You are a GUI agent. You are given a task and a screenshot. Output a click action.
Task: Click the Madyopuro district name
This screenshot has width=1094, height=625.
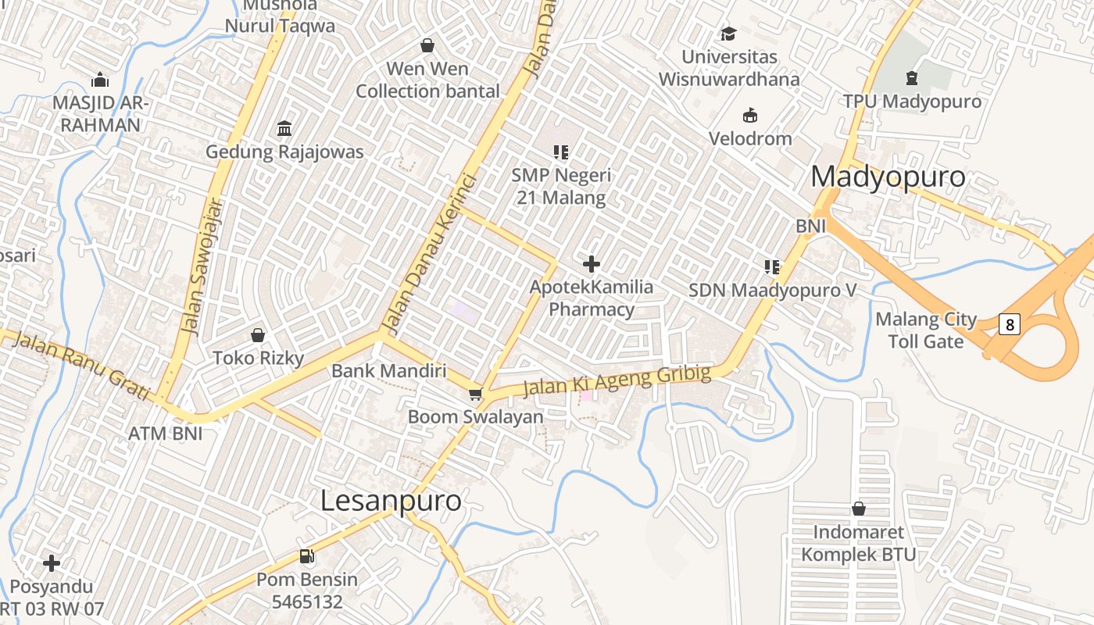coord(888,177)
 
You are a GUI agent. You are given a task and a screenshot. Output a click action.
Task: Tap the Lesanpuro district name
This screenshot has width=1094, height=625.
coord(391,501)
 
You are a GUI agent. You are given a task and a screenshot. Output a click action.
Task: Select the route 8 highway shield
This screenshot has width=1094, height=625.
coord(1010,323)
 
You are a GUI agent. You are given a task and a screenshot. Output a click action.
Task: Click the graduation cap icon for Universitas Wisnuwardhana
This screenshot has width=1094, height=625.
coord(728,34)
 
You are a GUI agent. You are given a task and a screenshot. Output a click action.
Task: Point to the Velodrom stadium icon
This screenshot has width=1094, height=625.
coord(750,116)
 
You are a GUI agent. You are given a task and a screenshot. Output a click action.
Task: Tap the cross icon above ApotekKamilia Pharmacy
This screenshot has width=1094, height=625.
coord(592,264)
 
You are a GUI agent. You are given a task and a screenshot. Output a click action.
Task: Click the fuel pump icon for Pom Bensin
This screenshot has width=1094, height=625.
coord(307,556)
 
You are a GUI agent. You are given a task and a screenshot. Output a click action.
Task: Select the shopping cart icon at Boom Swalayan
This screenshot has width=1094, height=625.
coord(475,394)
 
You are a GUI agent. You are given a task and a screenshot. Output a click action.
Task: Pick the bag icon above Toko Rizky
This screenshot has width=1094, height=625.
coord(258,335)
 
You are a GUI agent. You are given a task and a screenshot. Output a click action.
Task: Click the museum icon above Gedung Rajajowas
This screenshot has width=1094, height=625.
coord(284,128)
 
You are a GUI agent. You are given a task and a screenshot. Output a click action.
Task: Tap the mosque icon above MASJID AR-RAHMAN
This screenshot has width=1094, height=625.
coord(99,80)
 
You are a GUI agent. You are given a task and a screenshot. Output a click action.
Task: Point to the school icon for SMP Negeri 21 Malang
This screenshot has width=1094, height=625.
coord(560,152)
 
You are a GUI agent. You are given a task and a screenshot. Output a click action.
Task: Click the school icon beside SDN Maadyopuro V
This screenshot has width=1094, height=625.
coord(772,267)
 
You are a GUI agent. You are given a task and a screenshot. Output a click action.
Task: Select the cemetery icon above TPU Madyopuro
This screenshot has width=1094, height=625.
coord(911,78)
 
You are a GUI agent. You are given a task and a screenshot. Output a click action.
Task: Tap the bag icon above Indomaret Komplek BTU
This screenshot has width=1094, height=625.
coord(858,509)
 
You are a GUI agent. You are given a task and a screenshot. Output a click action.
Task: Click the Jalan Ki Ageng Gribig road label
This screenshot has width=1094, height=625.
coord(617,380)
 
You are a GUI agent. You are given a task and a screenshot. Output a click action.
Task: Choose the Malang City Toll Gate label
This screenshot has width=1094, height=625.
coord(926,330)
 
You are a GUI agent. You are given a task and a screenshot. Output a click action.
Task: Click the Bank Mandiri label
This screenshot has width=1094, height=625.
coord(388,370)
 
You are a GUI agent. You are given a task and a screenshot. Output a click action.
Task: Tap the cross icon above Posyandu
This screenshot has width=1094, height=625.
coord(52,562)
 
